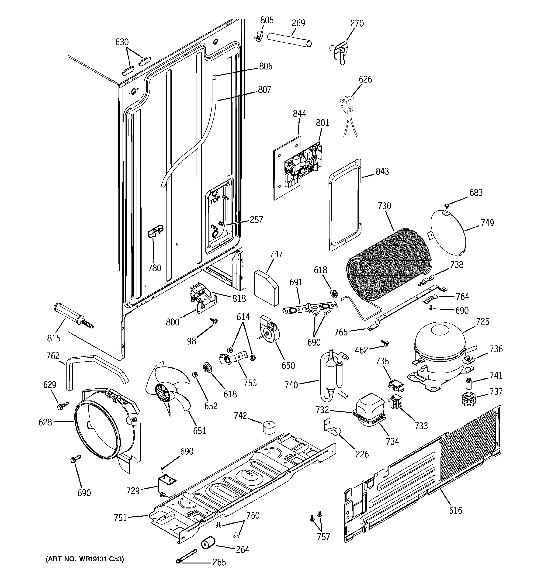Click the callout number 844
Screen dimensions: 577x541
coord(299,113)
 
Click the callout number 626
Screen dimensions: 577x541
coord(365,79)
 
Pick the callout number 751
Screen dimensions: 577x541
coord(120,518)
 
